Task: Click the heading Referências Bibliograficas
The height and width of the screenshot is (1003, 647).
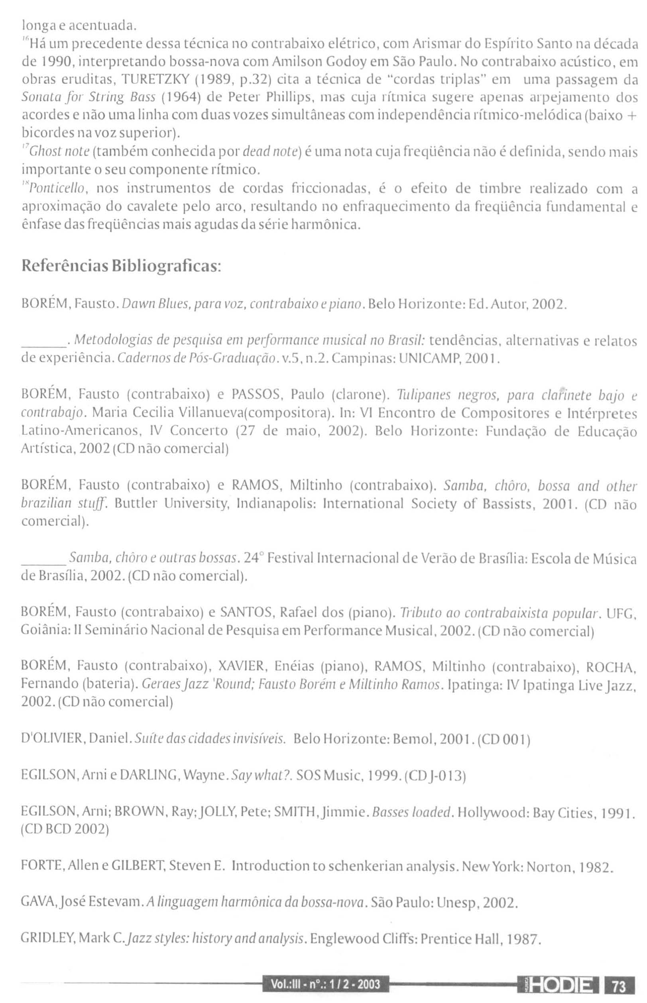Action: [122, 266]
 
